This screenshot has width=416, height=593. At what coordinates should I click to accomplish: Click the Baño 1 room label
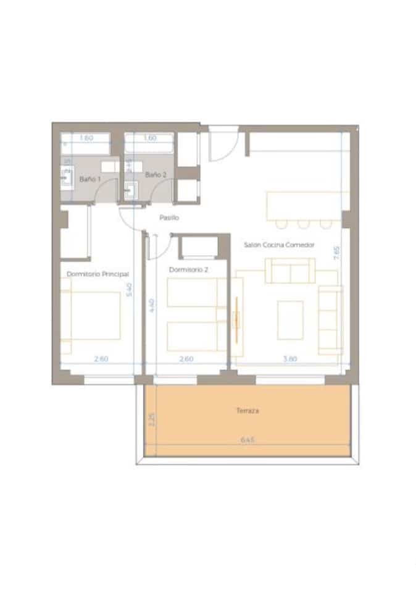tap(89, 179)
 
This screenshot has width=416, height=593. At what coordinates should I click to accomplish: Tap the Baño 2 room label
tap(156, 175)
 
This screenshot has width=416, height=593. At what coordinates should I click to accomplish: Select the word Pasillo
tap(169, 217)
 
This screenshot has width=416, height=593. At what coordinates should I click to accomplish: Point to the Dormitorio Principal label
tap(98, 273)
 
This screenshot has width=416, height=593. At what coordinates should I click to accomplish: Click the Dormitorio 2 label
tap(188, 270)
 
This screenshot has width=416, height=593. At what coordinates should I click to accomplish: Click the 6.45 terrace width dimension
tap(248, 440)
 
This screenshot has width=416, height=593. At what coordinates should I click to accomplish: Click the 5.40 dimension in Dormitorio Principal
tap(129, 289)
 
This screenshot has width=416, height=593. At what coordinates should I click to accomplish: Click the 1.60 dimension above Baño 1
tap(86, 138)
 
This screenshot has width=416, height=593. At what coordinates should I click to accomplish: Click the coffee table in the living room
tap(290, 319)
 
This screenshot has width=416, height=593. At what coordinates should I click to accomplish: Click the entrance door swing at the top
tap(222, 145)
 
